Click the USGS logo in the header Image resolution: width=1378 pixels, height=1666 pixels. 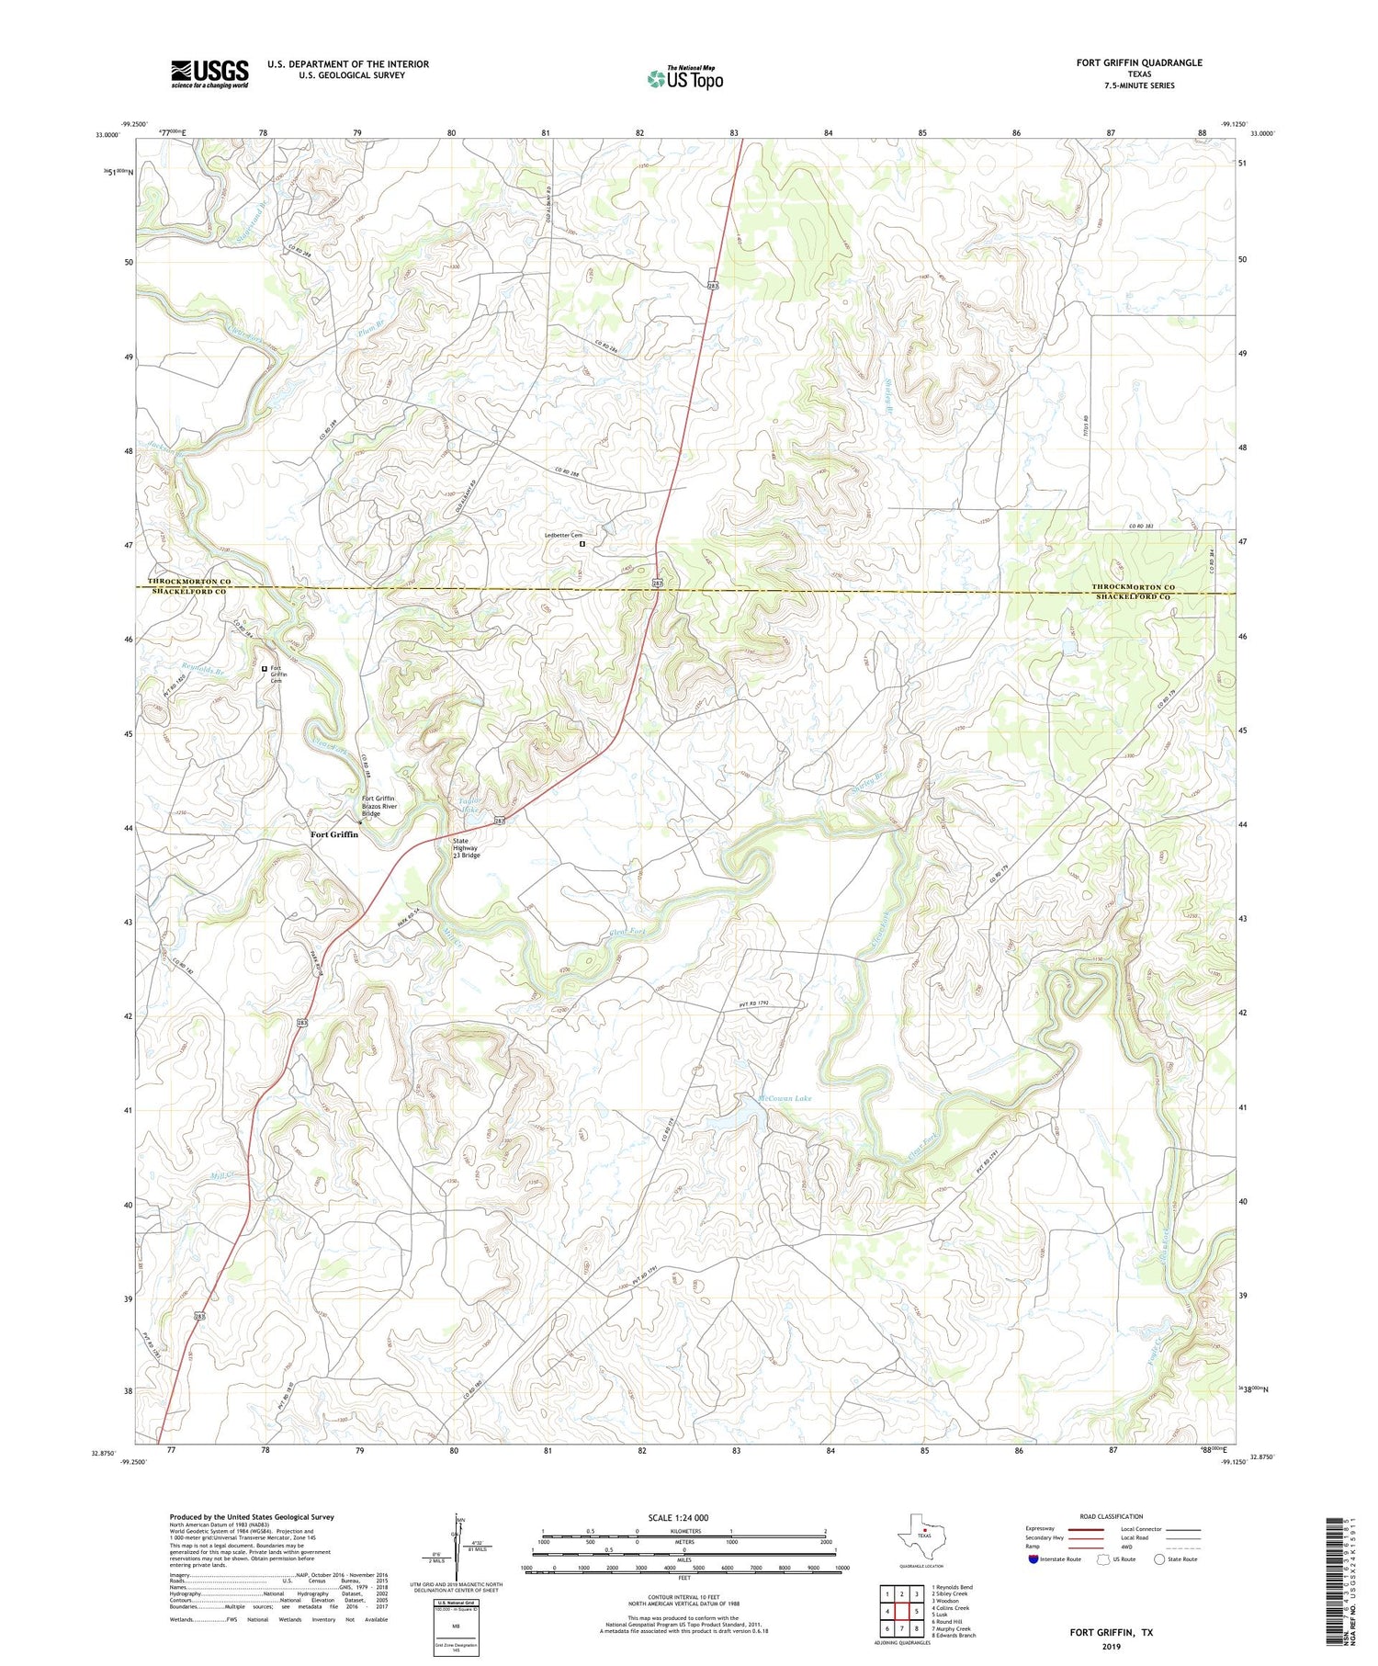pos(209,74)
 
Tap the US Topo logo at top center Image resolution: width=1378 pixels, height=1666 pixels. pos(684,79)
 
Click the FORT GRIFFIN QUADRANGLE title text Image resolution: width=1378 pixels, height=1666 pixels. pos(1138,62)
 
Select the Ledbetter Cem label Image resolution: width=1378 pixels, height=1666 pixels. pos(564,535)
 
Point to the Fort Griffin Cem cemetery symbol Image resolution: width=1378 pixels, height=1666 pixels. pos(265,668)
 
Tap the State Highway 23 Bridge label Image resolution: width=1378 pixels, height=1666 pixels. pos(467,847)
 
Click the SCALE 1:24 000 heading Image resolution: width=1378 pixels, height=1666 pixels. pos(678,1517)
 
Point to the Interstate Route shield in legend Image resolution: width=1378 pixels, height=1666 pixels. pos(1033,1559)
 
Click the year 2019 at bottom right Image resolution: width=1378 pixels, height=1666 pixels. pos(1111,1635)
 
